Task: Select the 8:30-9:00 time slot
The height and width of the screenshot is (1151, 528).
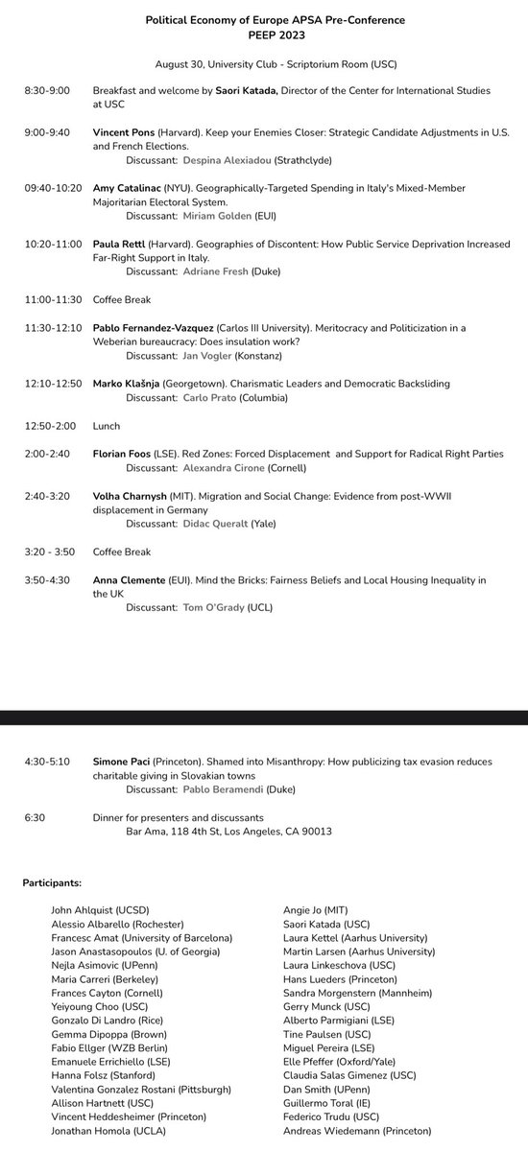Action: [47, 89]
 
